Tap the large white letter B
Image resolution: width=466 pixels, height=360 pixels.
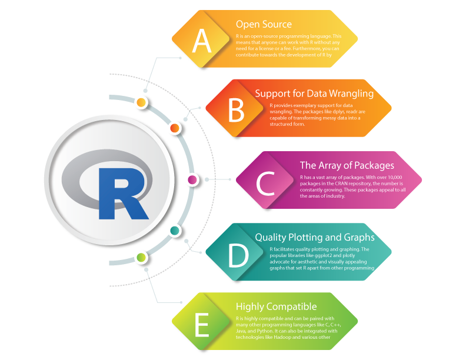pyautogui.click(x=235, y=110)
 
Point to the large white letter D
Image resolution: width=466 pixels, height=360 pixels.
pyautogui.click(x=238, y=255)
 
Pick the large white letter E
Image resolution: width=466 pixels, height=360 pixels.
pyautogui.click(x=202, y=325)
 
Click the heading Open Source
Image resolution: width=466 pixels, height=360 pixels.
pyautogui.click(x=264, y=24)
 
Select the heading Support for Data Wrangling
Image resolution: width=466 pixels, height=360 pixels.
pyautogui.click(x=314, y=94)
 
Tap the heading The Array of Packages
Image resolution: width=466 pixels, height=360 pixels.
pyautogui.click(x=347, y=165)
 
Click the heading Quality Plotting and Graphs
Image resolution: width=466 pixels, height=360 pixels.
pyautogui.click(x=315, y=238)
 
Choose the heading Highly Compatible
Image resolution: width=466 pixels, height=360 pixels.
pyautogui.click(x=276, y=306)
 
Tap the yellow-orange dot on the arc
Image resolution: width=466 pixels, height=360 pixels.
pyautogui.click(x=142, y=103)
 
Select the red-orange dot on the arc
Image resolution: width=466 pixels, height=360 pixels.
pyautogui.click(x=175, y=128)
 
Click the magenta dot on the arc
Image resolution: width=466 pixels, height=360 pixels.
pyautogui.click(x=191, y=179)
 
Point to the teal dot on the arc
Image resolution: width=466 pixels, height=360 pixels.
pyautogui.click(x=175, y=231)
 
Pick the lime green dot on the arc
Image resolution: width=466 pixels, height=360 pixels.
pyautogui.click(x=141, y=257)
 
